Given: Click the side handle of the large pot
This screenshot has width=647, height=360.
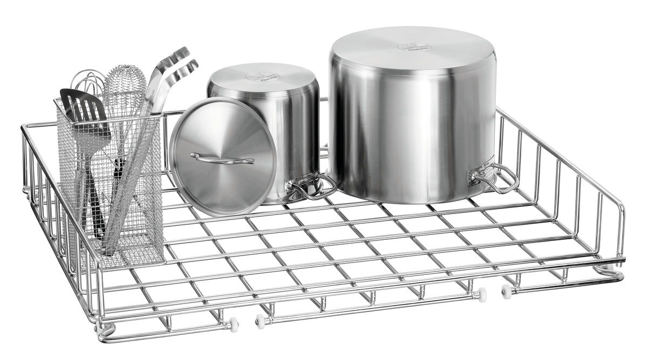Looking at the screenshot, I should tap(493, 178).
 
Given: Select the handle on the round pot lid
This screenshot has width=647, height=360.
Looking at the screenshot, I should tap(222, 158).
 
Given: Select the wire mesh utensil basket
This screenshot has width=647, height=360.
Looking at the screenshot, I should tap(111, 183).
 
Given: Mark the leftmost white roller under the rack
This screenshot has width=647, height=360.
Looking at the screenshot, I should tap(234, 325).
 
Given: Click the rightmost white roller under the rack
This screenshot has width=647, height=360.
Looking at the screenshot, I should tap(506, 291).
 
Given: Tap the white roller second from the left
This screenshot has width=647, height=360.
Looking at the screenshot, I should tap(260, 320).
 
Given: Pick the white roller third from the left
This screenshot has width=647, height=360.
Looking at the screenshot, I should tap(481, 295).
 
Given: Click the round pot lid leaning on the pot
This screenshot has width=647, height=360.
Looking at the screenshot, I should tap(222, 156).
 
